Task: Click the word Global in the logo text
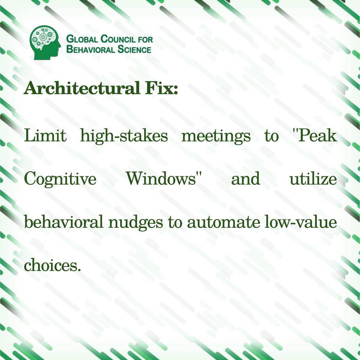click(x=82, y=39)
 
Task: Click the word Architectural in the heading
click(x=81, y=88)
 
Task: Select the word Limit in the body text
click(x=45, y=136)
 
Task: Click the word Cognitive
click(x=60, y=179)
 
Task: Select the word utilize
click(x=313, y=178)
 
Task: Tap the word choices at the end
click(x=52, y=265)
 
